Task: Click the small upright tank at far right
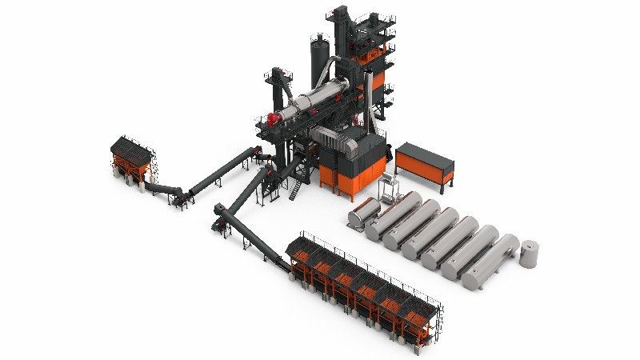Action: (530, 254)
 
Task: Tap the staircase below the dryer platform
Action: (296, 190)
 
